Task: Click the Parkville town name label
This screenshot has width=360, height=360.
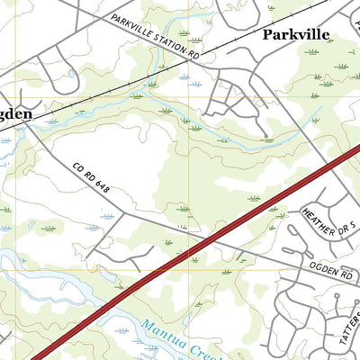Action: coord(296,35)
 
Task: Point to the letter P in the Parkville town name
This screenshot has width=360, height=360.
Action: coord(268,35)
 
